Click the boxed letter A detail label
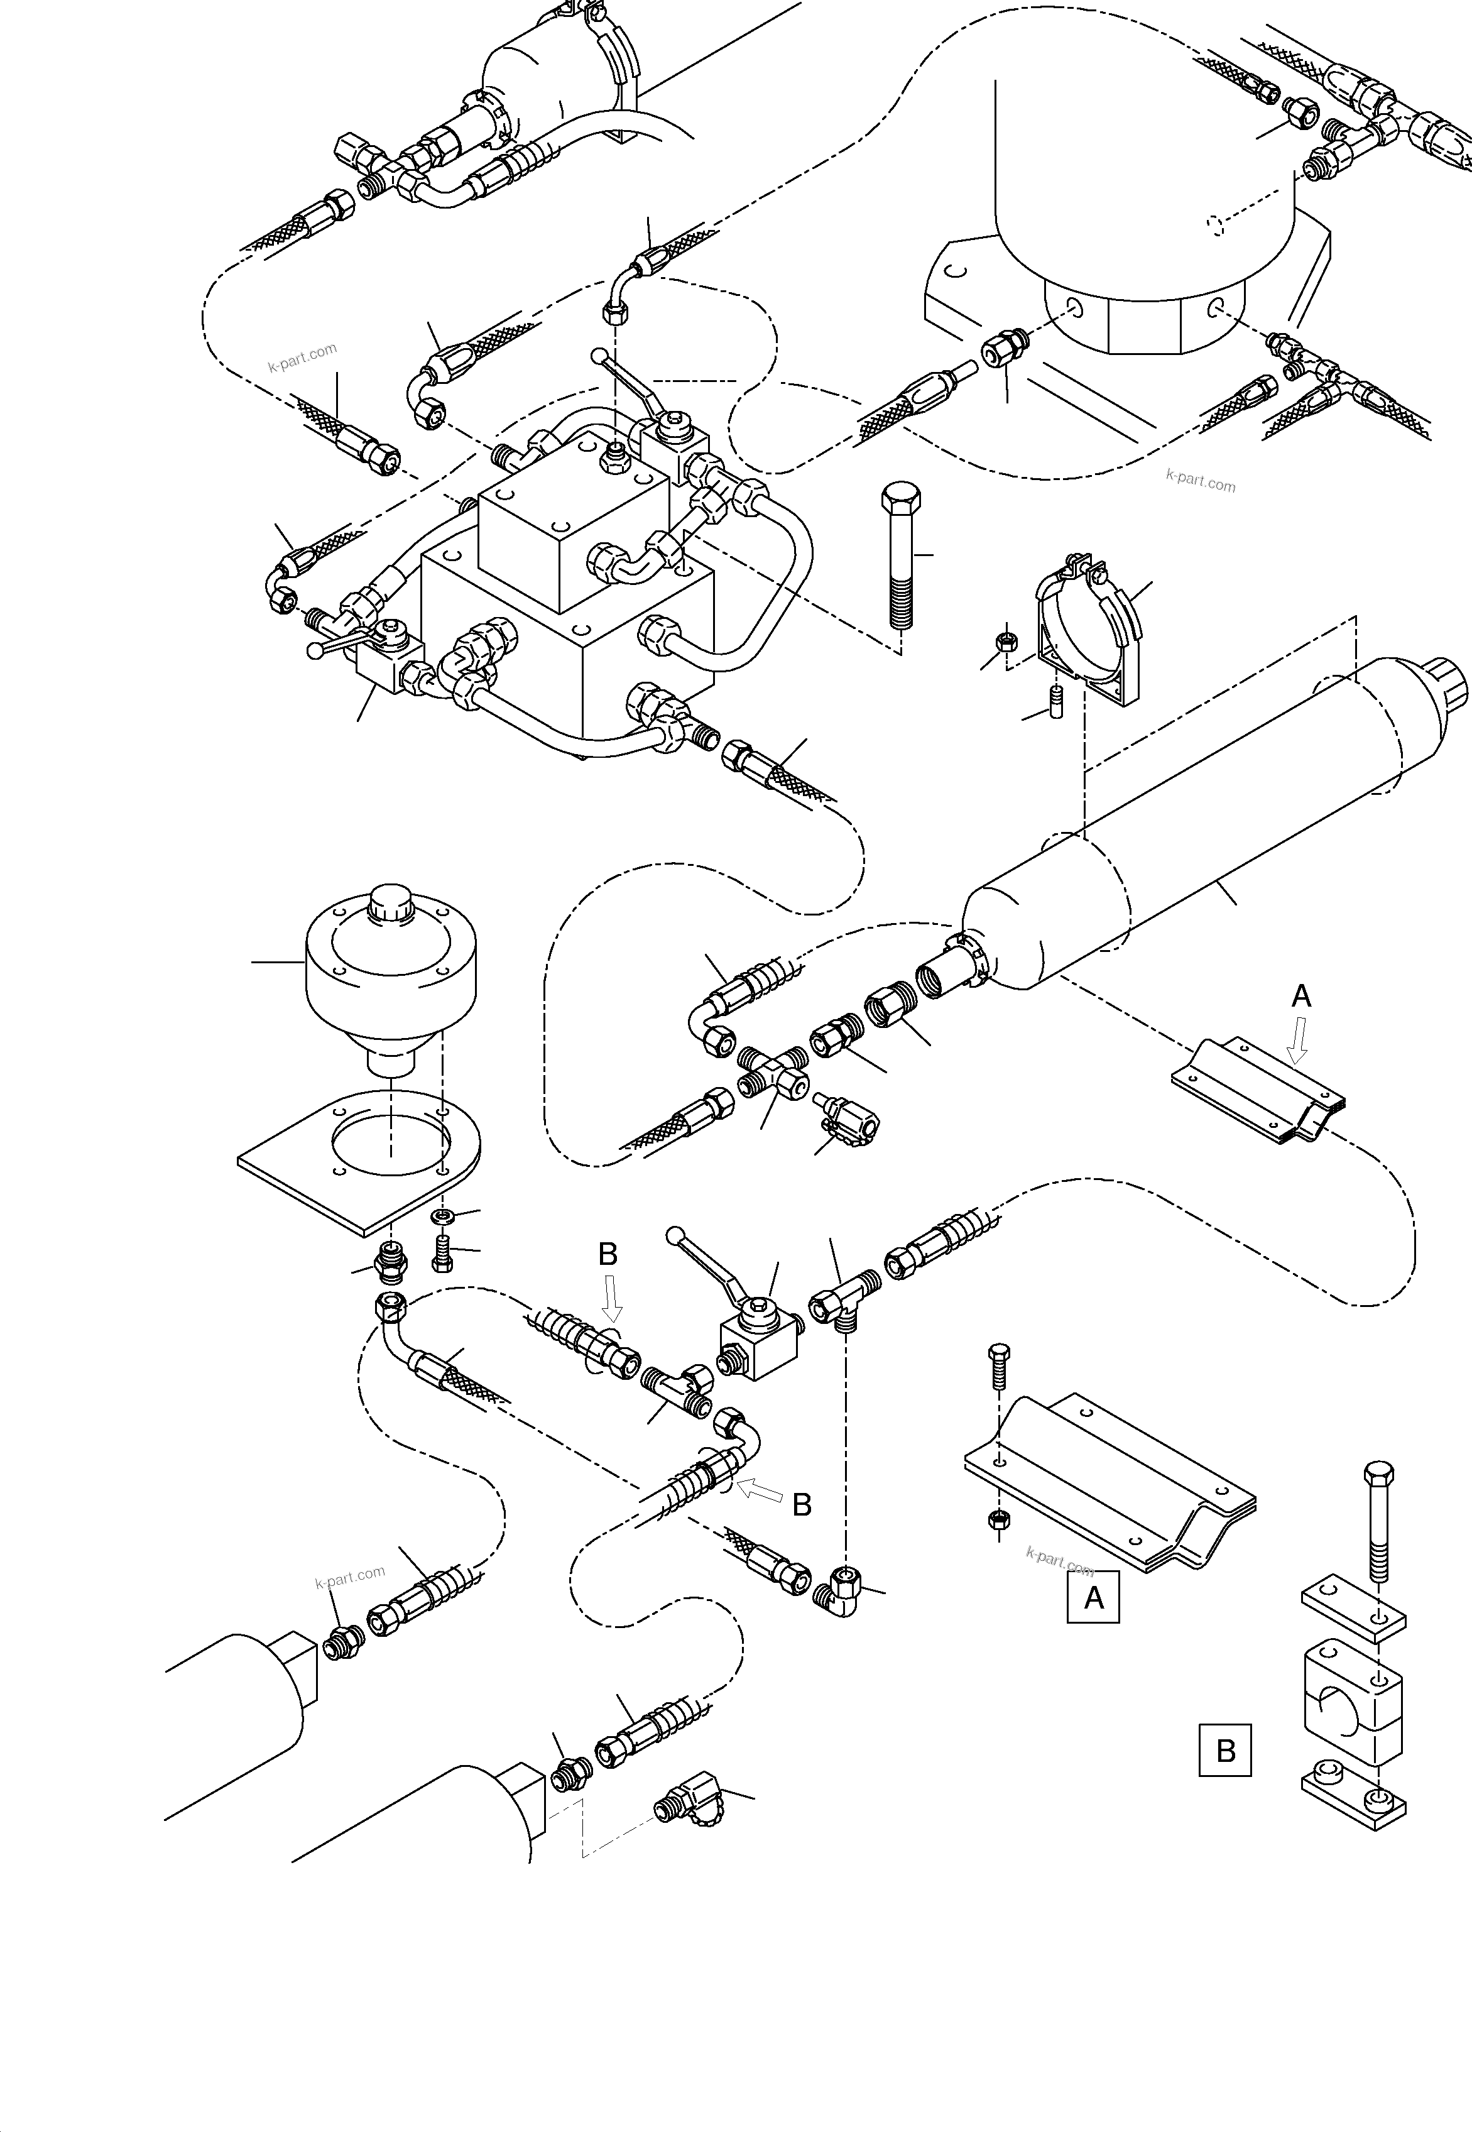click(x=1093, y=1596)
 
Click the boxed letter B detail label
click(x=1225, y=1749)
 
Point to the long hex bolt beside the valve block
click(x=898, y=554)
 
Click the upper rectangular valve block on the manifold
click(x=572, y=522)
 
